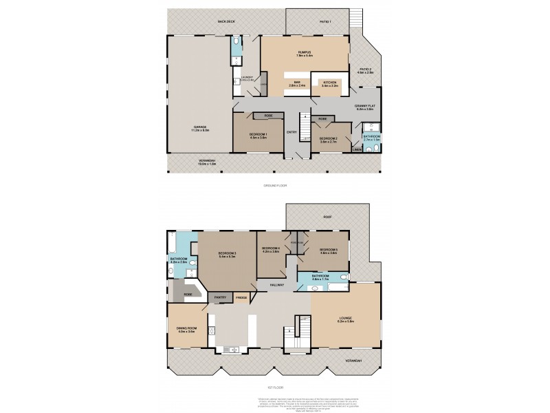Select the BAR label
(x=298, y=83)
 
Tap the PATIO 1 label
(x=325, y=21)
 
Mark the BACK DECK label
(x=227, y=21)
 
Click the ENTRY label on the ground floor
(x=291, y=133)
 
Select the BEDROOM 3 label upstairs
(x=228, y=254)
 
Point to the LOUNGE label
(x=345, y=319)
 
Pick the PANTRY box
(x=220, y=297)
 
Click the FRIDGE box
(x=241, y=297)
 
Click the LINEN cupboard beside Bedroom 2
(x=357, y=149)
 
